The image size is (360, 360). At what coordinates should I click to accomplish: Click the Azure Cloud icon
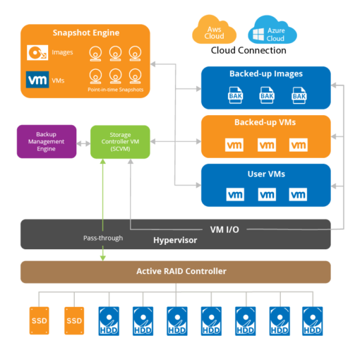271,31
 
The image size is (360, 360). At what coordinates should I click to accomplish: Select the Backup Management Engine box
47,141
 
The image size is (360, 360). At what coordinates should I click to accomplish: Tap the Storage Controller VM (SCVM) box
121,141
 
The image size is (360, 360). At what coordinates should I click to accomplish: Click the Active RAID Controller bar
175,272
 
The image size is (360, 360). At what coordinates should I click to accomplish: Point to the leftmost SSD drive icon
39,321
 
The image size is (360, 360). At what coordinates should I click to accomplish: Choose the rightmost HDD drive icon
313,320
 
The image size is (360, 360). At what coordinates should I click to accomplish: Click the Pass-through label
102,238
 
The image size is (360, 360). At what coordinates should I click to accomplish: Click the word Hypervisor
174,241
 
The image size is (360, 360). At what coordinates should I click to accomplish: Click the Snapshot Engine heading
85,32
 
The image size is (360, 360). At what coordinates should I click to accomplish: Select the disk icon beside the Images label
37,52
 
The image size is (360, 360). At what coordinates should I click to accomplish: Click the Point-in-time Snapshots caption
114,90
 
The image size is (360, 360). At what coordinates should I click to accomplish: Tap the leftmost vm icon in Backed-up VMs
234,145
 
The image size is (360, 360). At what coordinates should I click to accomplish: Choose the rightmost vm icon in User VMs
299,193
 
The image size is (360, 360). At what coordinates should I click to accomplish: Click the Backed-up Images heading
265,73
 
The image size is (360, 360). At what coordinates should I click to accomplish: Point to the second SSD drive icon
74,321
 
